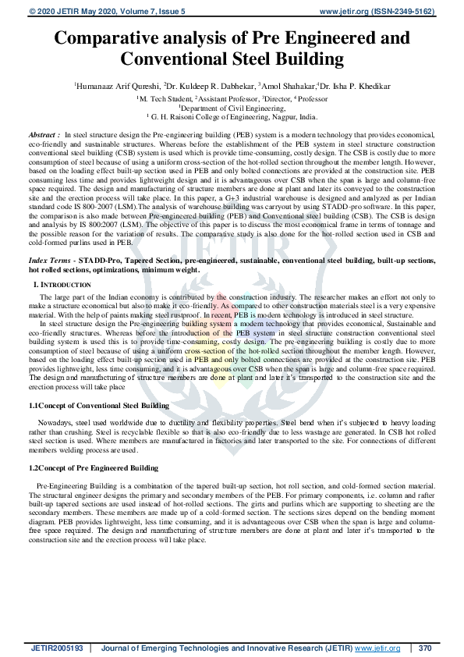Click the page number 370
(x=424, y=648)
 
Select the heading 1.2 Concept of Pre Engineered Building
(x=94, y=468)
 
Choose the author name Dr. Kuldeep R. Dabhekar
(x=204, y=85)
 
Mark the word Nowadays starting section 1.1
(x=54, y=421)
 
